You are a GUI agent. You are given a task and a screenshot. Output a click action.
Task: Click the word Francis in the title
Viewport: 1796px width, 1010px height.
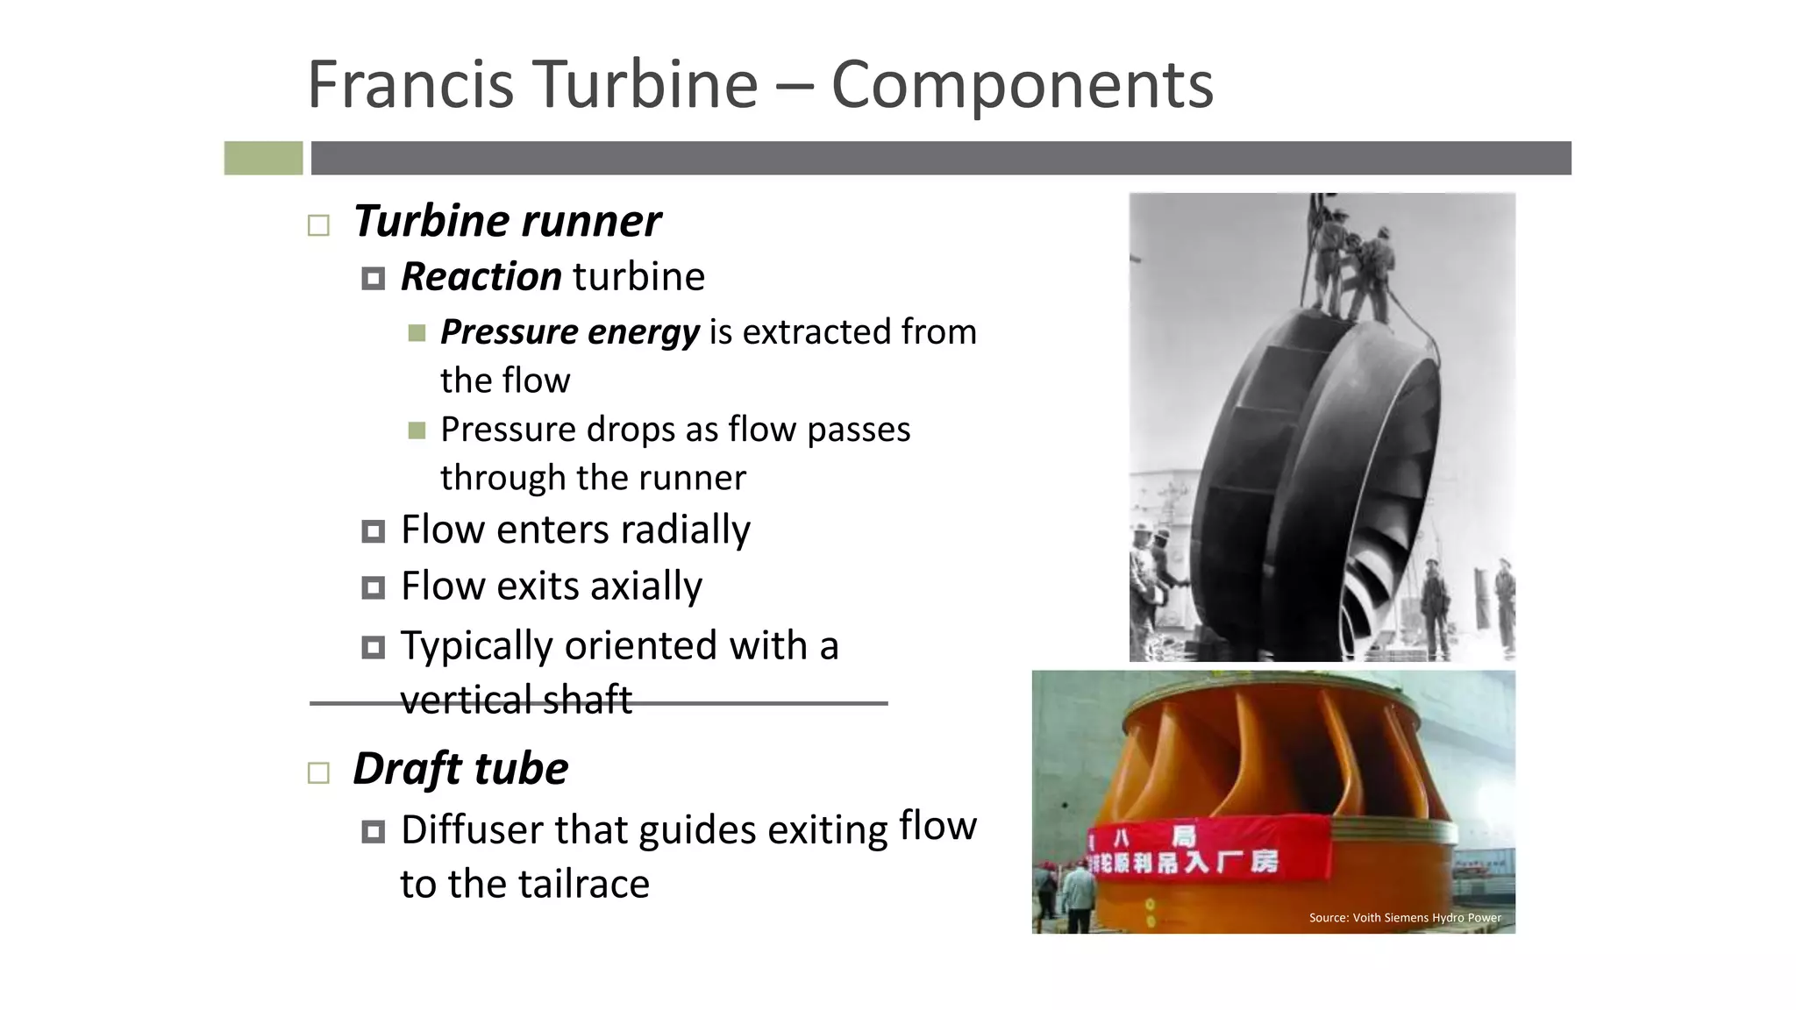tap(410, 85)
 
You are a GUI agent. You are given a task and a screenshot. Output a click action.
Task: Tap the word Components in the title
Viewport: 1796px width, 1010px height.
tap(1022, 85)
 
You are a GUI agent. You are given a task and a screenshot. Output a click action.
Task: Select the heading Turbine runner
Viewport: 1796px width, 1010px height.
tap(507, 221)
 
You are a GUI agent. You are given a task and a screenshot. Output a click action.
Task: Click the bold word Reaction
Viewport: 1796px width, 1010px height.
tap(481, 277)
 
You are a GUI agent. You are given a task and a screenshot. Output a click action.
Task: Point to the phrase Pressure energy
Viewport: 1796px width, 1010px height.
tap(570, 332)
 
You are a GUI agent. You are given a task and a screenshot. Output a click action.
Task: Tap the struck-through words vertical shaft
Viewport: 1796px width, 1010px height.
tap(516, 701)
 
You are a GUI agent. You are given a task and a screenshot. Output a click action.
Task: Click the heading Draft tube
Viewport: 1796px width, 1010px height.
tap(460, 769)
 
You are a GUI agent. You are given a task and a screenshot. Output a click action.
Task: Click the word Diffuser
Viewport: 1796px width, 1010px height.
tap(473, 830)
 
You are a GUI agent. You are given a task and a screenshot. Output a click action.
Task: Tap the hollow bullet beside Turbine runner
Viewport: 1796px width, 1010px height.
tap(318, 225)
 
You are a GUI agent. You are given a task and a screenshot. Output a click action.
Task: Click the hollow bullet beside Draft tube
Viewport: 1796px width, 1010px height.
tap(318, 772)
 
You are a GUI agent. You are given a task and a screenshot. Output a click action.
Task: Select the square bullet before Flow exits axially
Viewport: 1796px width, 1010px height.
tap(373, 587)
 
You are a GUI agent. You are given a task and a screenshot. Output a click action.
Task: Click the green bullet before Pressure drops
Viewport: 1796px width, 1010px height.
tap(417, 430)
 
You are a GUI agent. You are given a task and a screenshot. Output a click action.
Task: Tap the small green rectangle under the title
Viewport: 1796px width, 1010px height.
tap(263, 158)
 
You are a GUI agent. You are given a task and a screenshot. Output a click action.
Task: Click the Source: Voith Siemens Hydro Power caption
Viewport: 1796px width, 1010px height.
tap(1405, 918)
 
